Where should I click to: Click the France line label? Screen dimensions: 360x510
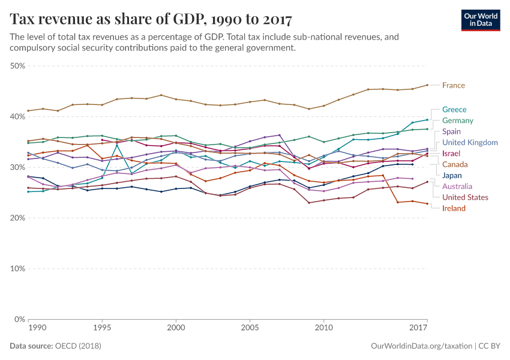point(453,85)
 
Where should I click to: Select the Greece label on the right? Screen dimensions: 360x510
point(454,109)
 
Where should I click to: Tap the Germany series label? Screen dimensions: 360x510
point(458,121)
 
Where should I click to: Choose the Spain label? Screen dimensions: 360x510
point(452,131)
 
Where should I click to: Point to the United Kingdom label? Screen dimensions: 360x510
point(470,142)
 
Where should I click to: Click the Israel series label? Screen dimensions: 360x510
point(451,154)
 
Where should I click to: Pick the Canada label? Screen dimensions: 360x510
point(454,164)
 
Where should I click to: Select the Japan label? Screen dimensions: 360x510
point(452,176)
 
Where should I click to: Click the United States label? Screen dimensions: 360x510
point(465,197)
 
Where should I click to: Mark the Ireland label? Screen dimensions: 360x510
point(454,208)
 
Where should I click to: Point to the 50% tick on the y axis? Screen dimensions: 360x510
point(17,65)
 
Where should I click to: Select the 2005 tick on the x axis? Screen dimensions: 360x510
point(250,328)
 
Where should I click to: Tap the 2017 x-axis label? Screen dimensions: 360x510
point(419,328)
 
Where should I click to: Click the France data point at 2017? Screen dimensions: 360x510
point(427,85)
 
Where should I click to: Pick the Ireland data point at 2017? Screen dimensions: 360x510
point(427,203)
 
